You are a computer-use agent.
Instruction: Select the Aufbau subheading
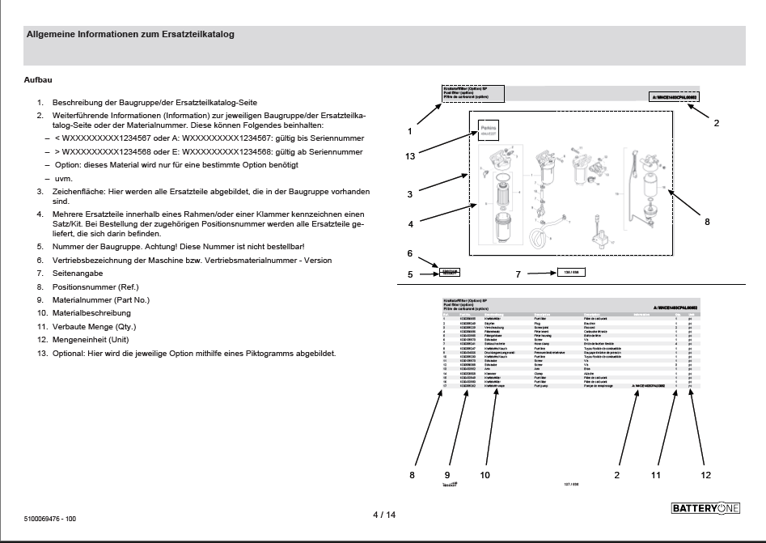click(x=40, y=81)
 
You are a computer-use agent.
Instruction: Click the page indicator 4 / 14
click(x=383, y=515)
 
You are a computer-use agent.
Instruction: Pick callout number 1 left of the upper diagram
click(x=410, y=130)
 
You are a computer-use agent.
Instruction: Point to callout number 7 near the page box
click(x=518, y=274)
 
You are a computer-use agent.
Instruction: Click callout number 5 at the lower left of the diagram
click(x=410, y=274)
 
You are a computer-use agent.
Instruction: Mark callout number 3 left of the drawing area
click(x=410, y=194)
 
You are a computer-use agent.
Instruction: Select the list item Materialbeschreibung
click(x=91, y=313)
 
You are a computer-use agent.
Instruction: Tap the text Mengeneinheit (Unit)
click(x=90, y=340)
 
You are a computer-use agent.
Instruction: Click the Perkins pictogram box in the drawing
click(x=489, y=129)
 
